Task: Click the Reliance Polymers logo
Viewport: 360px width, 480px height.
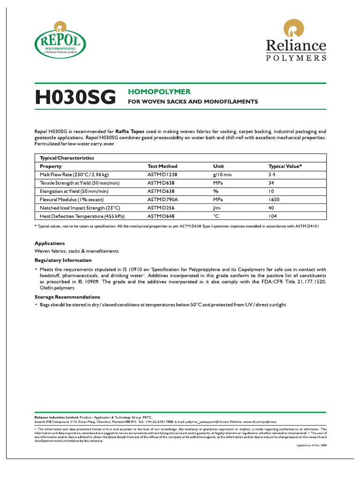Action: click(x=296, y=40)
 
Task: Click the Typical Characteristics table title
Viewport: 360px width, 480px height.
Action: click(x=67, y=158)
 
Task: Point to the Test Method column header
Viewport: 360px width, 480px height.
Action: click(x=162, y=166)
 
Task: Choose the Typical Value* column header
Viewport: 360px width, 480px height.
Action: click(x=285, y=166)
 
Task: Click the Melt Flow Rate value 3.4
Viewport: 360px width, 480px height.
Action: click(x=272, y=174)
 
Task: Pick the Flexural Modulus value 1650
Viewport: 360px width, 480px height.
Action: click(x=274, y=199)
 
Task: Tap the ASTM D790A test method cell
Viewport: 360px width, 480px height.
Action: click(x=163, y=199)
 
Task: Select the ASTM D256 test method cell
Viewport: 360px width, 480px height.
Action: click(x=161, y=208)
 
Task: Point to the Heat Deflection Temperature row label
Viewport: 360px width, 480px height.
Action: click(x=82, y=216)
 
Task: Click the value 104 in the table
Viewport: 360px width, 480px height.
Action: click(x=272, y=216)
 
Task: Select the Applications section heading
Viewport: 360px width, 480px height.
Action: click(x=50, y=243)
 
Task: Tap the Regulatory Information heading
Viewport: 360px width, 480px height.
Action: click(x=63, y=260)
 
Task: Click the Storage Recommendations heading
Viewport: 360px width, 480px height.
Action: click(x=67, y=297)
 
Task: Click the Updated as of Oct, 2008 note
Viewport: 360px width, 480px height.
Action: click(x=311, y=445)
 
